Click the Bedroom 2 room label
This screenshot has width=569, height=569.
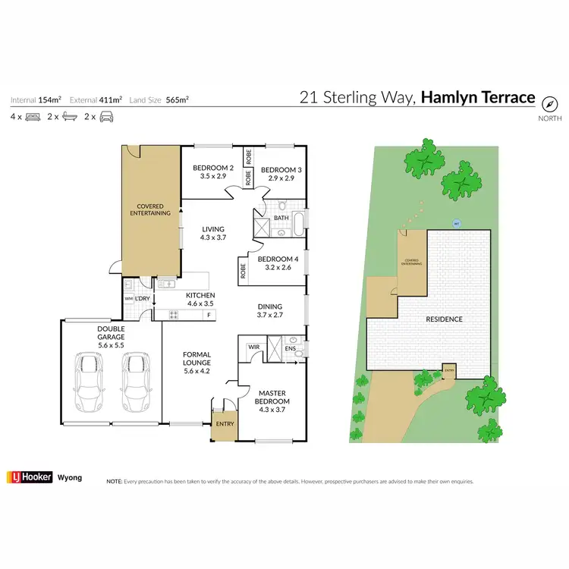[213, 168]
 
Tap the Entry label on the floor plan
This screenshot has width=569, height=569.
[224, 423]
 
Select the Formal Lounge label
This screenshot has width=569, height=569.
[196, 359]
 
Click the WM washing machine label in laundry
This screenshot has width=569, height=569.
[128, 298]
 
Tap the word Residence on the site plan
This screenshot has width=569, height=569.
[444, 319]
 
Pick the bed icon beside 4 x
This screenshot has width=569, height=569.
[33, 117]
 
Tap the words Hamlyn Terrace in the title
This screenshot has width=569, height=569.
[478, 97]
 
